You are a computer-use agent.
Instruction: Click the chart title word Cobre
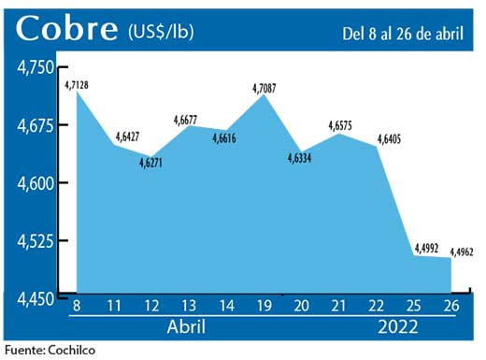coord(65,30)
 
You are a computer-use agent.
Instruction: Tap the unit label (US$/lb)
coord(162,33)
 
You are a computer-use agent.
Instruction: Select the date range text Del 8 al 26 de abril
coord(402,34)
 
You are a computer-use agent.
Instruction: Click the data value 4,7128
coord(80,86)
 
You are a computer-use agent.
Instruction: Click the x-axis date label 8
coord(76,306)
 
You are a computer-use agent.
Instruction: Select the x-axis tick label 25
coord(422,306)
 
